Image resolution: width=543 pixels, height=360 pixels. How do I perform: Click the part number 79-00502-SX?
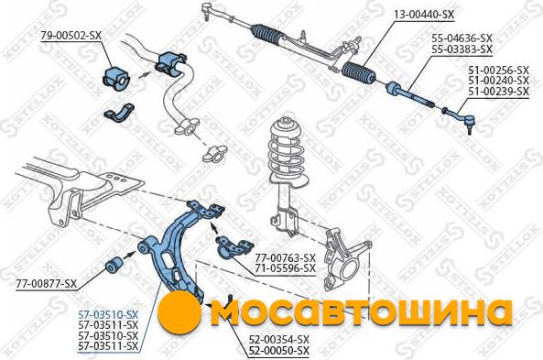point(71,36)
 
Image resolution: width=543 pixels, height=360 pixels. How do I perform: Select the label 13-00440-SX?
point(424,15)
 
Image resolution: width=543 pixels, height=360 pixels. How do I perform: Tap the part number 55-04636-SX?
point(462,38)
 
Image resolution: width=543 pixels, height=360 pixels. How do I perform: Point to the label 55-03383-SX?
point(462,49)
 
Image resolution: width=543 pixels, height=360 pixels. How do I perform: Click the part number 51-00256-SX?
point(499,71)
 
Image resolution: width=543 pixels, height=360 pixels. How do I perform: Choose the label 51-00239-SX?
point(499,92)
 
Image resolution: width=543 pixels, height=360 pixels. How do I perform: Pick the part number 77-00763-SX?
point(286,257)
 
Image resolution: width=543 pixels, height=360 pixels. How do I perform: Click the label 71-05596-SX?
point(286,268)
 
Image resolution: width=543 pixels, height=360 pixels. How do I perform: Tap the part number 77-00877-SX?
point(46,284)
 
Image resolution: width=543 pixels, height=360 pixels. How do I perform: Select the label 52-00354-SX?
point(279,340)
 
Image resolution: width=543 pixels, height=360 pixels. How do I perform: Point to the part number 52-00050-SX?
point(279,351)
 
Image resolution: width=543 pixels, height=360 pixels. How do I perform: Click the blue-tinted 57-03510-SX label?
point(108,315)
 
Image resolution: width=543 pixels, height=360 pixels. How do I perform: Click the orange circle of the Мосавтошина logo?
point(179,312)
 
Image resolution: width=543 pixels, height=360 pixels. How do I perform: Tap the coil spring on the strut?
point(288,149)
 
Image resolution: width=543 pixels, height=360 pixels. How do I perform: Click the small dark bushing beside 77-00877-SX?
point(113,265)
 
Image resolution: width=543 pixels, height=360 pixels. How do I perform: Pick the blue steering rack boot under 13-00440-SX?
point(359,74)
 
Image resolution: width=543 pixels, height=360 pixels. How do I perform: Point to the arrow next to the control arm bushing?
point(129,255)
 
